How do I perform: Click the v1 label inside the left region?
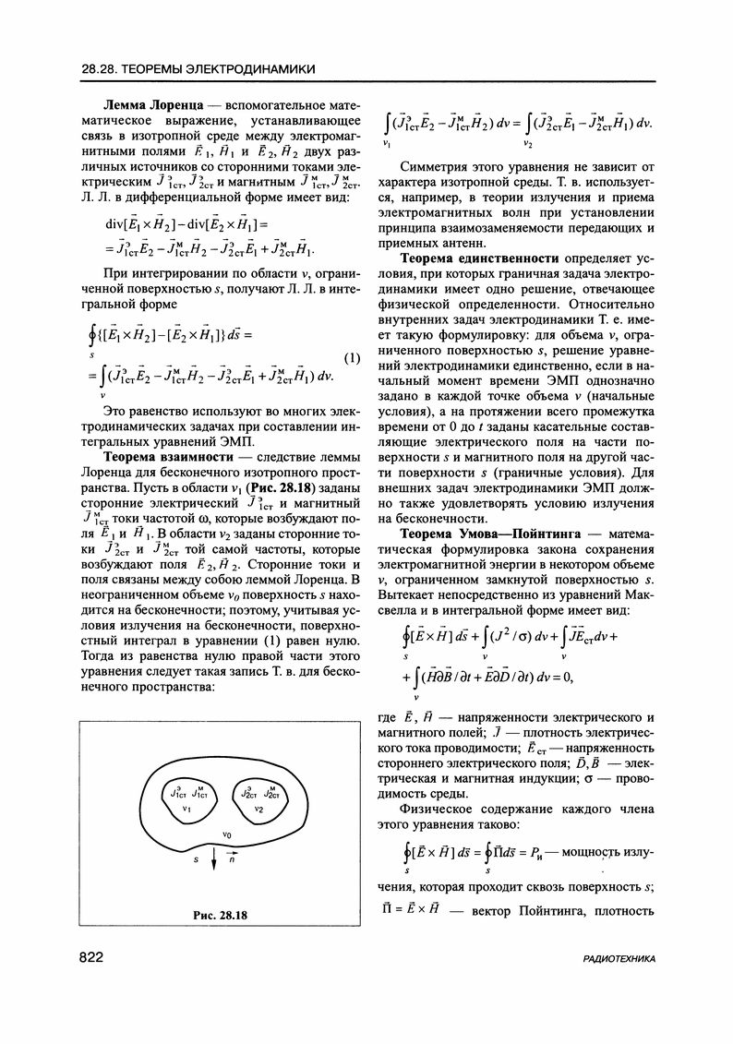(186, 809)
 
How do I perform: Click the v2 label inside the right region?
(259, 809)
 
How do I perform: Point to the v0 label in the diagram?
(225, 834)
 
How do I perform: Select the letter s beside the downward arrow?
(195, 858)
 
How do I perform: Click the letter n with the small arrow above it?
(232, 858)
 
